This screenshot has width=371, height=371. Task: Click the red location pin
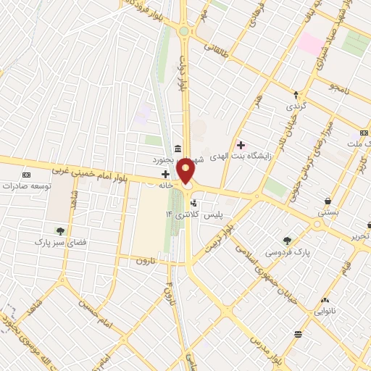[x=186, y=171]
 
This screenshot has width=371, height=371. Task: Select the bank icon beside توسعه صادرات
[x=27, y=175]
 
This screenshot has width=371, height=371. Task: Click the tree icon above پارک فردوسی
[x=288, y=241]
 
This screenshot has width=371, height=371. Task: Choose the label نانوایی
[x=325, y=312]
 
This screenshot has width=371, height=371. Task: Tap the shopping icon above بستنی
[x=328, y=201]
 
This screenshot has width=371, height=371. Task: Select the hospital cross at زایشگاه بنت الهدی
[x=241, y=145]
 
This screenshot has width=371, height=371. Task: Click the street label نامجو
[x=338, y=88]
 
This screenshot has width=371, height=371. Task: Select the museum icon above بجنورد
[x=178, y=147]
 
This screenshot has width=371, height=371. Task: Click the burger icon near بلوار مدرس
[x=298, y=333]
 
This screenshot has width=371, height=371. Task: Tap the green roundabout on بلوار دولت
[x=184, y=31]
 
